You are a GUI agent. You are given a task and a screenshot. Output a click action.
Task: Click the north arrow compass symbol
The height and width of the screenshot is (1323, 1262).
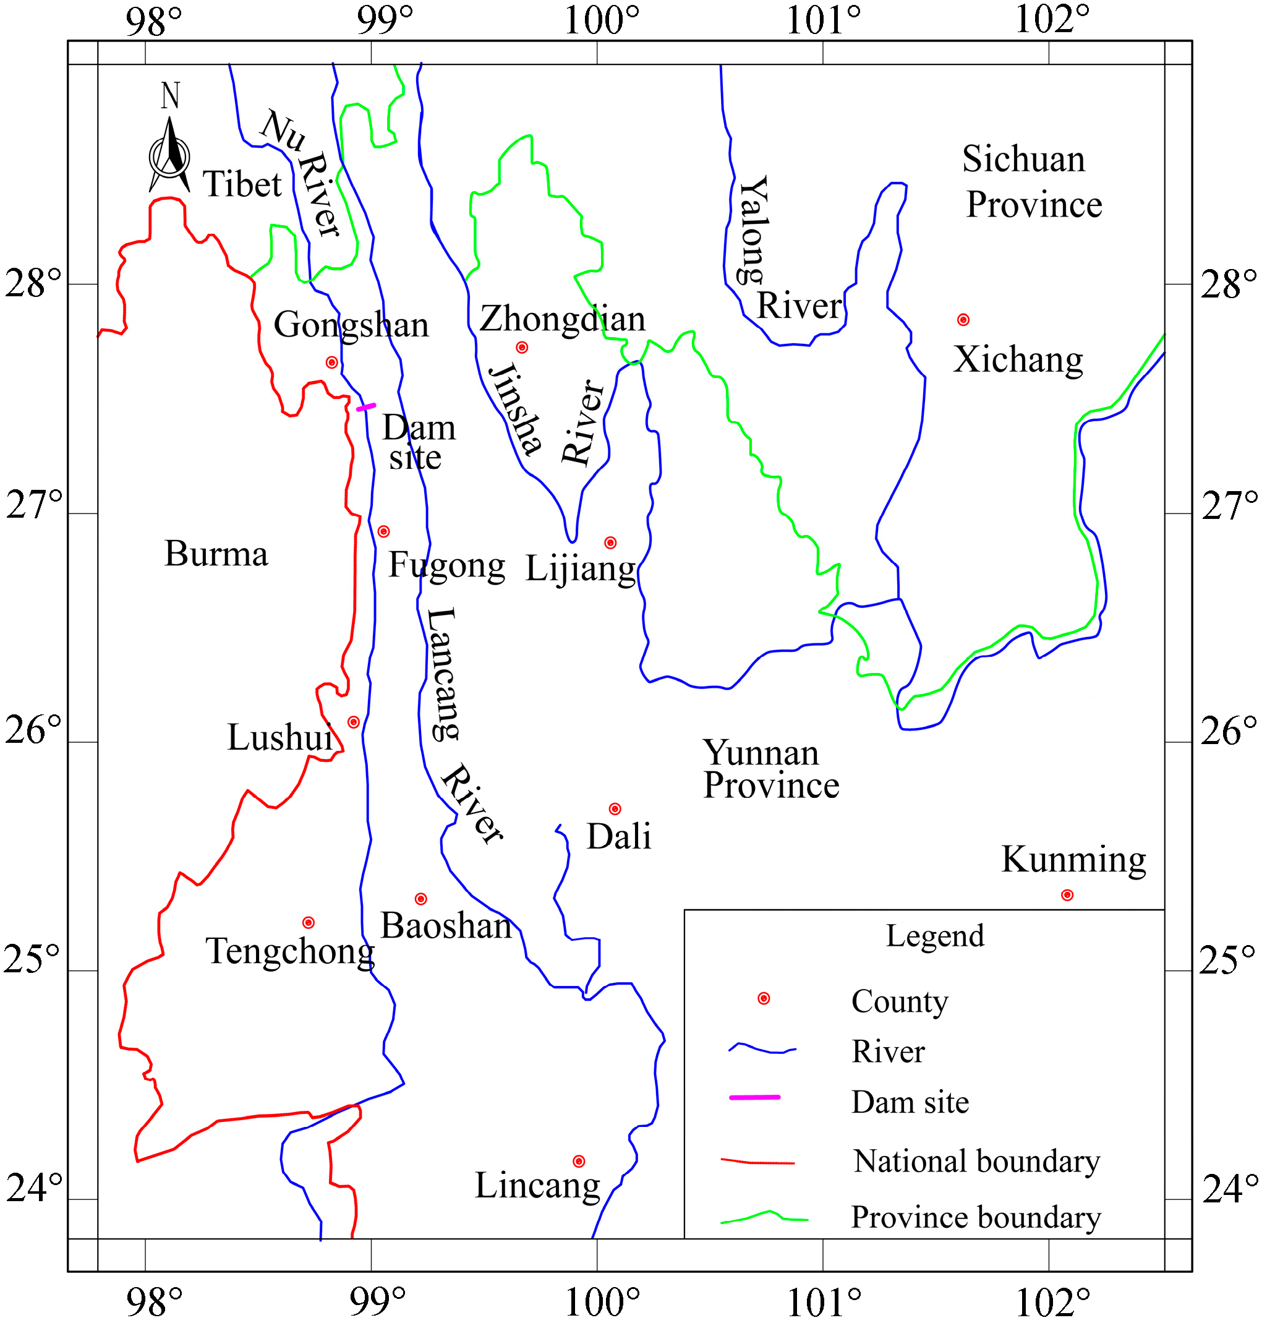click(169, 155)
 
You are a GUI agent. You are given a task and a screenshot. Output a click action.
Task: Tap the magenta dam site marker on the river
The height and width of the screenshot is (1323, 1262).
click(366, 407)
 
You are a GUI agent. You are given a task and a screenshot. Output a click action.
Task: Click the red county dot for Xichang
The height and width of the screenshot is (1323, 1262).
click(963, 320)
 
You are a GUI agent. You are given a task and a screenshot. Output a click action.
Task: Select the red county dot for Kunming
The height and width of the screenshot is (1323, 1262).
click(1067, 895)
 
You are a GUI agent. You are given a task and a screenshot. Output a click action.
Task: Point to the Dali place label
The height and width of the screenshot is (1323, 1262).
click(619, 836)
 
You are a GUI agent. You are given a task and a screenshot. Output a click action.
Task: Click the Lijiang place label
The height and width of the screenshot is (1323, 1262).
click(581, 568)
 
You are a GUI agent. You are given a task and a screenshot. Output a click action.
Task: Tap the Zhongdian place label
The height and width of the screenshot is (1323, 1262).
click(563, 319)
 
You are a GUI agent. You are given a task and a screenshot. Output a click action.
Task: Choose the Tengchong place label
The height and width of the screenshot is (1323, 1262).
click(290, 951)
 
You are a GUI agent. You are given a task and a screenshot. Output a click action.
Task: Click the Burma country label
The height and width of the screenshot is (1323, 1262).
click(216, 554)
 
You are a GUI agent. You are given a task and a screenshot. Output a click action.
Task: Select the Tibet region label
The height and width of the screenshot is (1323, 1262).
click(242, 184)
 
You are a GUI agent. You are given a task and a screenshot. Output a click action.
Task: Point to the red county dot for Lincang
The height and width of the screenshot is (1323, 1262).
click(579, 1161)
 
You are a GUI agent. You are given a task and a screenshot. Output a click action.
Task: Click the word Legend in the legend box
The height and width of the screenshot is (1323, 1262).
click(935, 935)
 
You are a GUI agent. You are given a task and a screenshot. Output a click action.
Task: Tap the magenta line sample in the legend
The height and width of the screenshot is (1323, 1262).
click(755, 1097)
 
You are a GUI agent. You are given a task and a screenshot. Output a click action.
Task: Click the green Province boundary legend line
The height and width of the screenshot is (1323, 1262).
click(764, 1217)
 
